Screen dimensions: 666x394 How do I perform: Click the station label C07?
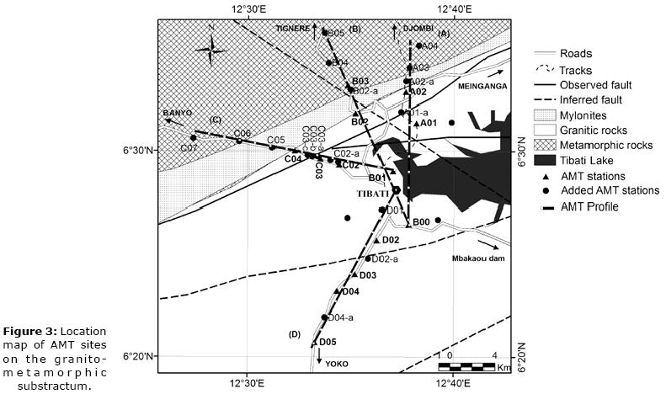pyautogui.click(x=190, y=148)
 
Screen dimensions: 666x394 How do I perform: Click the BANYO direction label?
pyautogui.click(x=177, y=112)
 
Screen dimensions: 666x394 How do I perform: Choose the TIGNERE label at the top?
pyautogui.click(x=293, y=29)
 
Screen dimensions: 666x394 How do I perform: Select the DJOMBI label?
pyautogui.click(x=418, y=29)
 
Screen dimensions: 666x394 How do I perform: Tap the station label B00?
pyautogui.click(x=422, y=221)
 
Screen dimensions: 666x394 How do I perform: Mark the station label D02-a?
pyautogui.click(x=384, y=259)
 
